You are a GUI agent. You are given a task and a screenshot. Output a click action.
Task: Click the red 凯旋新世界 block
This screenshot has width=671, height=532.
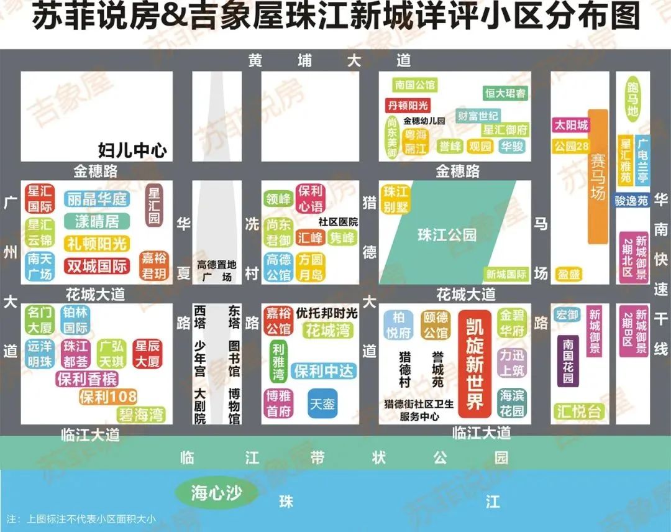point(475,364)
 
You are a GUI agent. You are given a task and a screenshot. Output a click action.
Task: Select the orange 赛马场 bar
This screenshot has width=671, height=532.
point(598,177)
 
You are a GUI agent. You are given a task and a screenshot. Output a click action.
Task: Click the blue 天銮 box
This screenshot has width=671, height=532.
point(323,403)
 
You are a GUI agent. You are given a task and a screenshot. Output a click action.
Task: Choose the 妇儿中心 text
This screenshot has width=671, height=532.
point(132,150)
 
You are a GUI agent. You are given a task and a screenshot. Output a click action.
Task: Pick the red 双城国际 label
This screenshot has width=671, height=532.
point(96,266)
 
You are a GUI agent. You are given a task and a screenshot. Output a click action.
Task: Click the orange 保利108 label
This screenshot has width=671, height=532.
point(108,397)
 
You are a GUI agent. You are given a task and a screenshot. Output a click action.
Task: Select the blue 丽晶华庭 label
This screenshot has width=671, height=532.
point(96,199)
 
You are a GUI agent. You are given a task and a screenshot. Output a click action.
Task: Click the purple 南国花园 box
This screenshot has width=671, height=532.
point(568,360)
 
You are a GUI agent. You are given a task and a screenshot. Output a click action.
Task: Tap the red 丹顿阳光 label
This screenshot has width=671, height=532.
point(408,105)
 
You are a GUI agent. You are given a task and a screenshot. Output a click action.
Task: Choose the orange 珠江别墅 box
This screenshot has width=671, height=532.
point(395,199)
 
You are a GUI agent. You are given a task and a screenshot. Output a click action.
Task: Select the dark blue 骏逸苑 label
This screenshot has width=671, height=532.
point(632,201)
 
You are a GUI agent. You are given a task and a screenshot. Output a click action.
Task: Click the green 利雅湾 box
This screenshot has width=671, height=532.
point(278,362)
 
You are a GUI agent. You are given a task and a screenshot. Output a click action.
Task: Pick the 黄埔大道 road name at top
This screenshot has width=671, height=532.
point(329,60)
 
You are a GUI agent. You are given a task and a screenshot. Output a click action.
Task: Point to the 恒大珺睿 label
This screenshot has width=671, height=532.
point(505,93)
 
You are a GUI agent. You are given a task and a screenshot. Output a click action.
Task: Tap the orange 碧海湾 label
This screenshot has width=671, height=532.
point(141,415)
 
